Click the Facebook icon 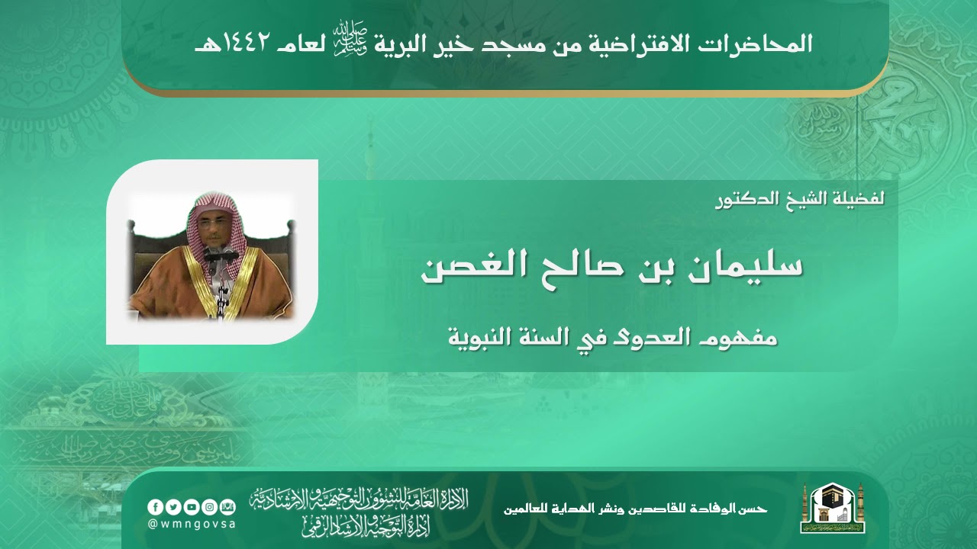(x=155, y=507)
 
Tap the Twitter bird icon (x=173, y=507)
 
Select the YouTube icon (x=190, y=507)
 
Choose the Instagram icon (x=208, y=507)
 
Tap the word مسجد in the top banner (x=551, y=43)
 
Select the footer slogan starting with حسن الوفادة (x=635, y=509)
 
